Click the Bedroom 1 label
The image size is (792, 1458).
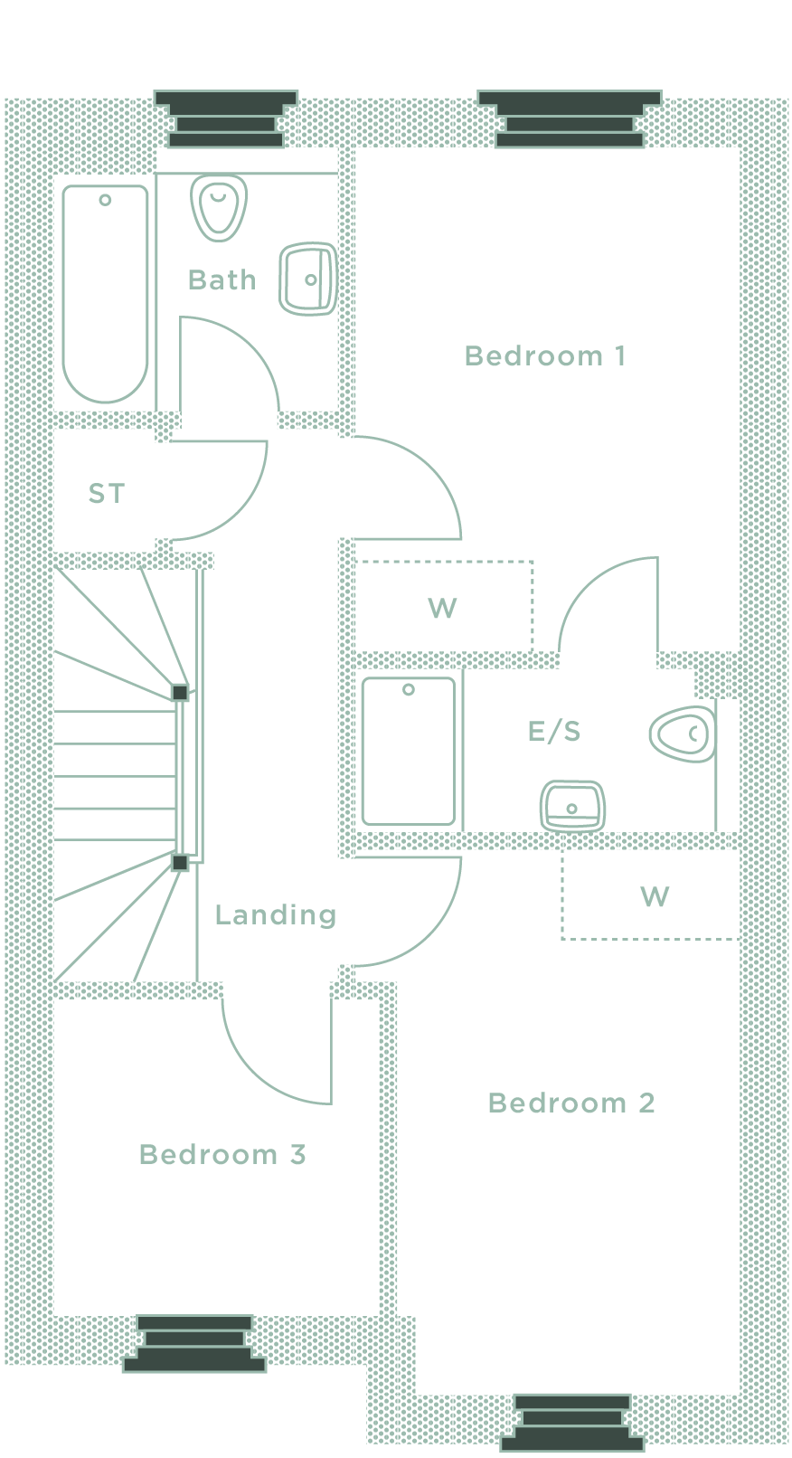point(544,356)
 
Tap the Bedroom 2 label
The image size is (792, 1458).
point(570,1103)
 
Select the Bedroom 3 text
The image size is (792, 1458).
point(222,1155)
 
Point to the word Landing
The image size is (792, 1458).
point(275,915)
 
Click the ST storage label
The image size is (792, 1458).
point(107,494)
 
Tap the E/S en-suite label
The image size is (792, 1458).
point(554,731)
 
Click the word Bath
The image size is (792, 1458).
point(222,280)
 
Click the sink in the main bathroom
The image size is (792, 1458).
point(308,279)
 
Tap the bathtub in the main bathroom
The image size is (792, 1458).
point(106,292)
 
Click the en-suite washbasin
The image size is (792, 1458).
point(572,805)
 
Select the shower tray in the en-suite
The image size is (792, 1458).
point(409,751)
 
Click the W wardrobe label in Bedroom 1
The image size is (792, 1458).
point(442,608)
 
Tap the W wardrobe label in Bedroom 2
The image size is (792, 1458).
point(655,897)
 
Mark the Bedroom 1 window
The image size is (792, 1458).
point(570,118)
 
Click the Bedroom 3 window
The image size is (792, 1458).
point(194,1343)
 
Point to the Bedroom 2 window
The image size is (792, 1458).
point(572,1423)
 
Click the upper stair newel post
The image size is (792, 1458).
point(180,693)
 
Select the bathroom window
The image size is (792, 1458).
point(226,118)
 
